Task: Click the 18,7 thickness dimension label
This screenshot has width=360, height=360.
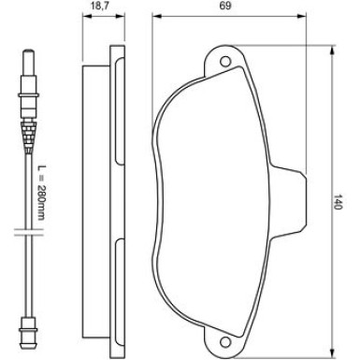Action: [x=100, y=6]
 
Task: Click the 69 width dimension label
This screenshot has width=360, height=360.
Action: [x=225, y=6]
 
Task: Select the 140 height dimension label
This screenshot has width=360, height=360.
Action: [x=338, y=202]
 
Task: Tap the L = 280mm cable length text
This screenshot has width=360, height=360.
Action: [x=41, y=193]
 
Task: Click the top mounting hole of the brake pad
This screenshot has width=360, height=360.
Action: [x=225, y=61]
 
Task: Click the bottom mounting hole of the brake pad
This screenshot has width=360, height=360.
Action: [x=225, y=340]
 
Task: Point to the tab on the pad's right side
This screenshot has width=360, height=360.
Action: [x=289, y=203]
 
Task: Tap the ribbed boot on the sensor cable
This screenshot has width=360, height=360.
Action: [x=28, y=136]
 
